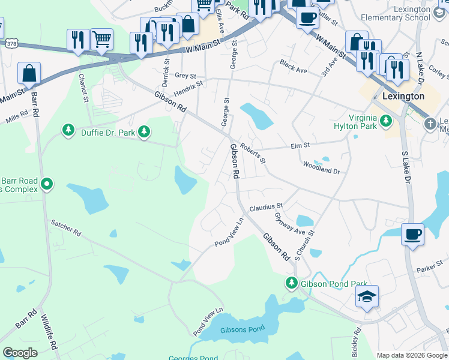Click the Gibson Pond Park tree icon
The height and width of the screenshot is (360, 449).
(x=292, y=282)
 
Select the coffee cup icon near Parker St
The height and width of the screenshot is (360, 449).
(x=412, y=234)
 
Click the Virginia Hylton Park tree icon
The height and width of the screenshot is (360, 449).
(x=387, y=122)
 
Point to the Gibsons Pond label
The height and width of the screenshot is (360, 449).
(x=242, y=331)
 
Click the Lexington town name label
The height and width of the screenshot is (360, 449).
(x=403, y=96)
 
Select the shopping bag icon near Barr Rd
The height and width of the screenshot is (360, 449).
(x=29, y=74)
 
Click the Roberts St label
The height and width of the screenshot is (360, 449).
(x=253, y=153)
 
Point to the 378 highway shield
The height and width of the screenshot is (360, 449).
(x=11, y=44)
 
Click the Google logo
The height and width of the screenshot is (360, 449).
(x=20, y=353)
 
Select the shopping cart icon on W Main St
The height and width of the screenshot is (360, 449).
(x=101, y=40)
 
